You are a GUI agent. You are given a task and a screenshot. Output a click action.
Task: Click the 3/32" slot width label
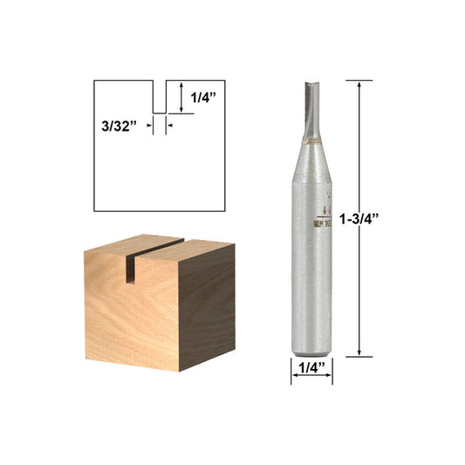click(x=119, y=126)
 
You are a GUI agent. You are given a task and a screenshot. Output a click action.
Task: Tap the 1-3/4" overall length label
click(x=384, y=217)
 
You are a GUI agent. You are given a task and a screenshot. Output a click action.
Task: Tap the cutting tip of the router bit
click(x=311, y=85)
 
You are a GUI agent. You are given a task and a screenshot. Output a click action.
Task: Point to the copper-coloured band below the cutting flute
click(x=311, y=140)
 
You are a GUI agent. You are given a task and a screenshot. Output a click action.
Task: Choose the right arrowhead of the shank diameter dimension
click(x=329, y=376)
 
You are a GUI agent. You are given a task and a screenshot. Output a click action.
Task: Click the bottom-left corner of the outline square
click(x=93, y=212)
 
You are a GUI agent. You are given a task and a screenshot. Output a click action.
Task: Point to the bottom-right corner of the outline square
click(x=224, y=212)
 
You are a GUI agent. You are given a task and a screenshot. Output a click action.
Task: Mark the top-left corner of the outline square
click(x=93, y=81)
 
